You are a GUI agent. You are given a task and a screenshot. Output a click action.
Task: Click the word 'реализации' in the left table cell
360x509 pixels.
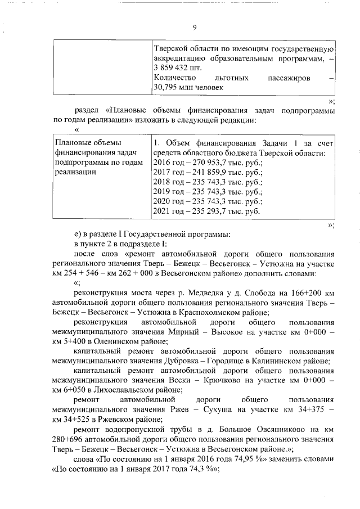click(73, 172)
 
